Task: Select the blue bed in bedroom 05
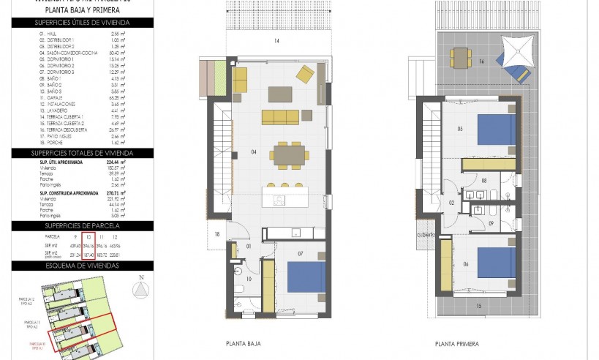pyautogui.click(x=497, y=130)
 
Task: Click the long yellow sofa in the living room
pyautogui.click(x=282, y=116)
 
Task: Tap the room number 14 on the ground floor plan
pyautogui.click(x=277, y=41)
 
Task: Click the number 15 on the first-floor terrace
pyautogui.click(x=479, y=305)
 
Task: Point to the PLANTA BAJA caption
pyautogui.click(x=244, y=342)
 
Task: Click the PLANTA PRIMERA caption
pyautogui.click(x=456, y=342)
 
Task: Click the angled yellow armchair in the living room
pyautogui.click(x=305, y=74)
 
